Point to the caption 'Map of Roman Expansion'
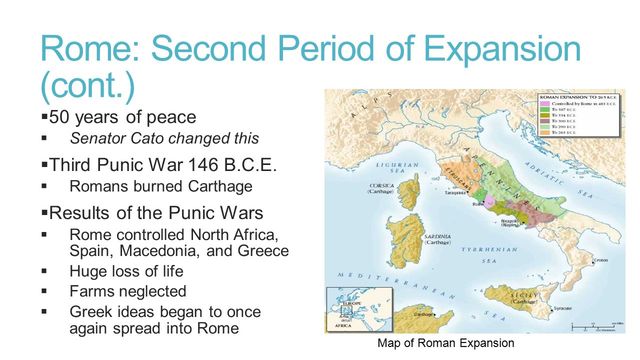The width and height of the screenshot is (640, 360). point(445,343)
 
